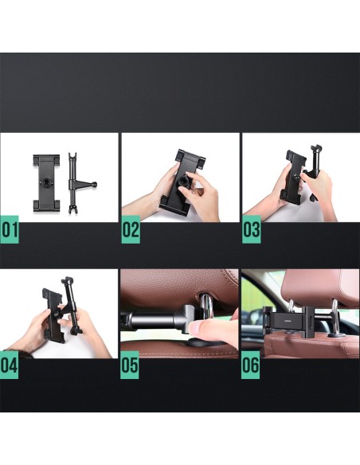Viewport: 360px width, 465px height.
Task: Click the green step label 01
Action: pyautogui.click(x=10, y=229)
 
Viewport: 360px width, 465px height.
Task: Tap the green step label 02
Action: pyautogui.click(x=131, y=229)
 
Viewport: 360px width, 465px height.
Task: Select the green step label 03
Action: pyautogui.click(x=252, y=229)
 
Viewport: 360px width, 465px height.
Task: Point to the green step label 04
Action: pyautogui.click(x=9, y=365)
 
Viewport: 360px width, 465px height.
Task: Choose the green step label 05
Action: pyautogui.click(x=130, y=365)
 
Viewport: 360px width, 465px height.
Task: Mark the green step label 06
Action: pyautogui.click(x=250, y=365)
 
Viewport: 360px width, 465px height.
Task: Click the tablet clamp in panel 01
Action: pyautogui.click(x=46, y=182)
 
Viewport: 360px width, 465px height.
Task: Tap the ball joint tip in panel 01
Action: pyautogui.click(x=95, y=185)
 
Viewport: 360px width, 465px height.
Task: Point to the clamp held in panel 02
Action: pyautogui.click(x=182, y=182)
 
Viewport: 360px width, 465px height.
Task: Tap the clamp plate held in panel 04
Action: pyautogui.click(x=53, y=315)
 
